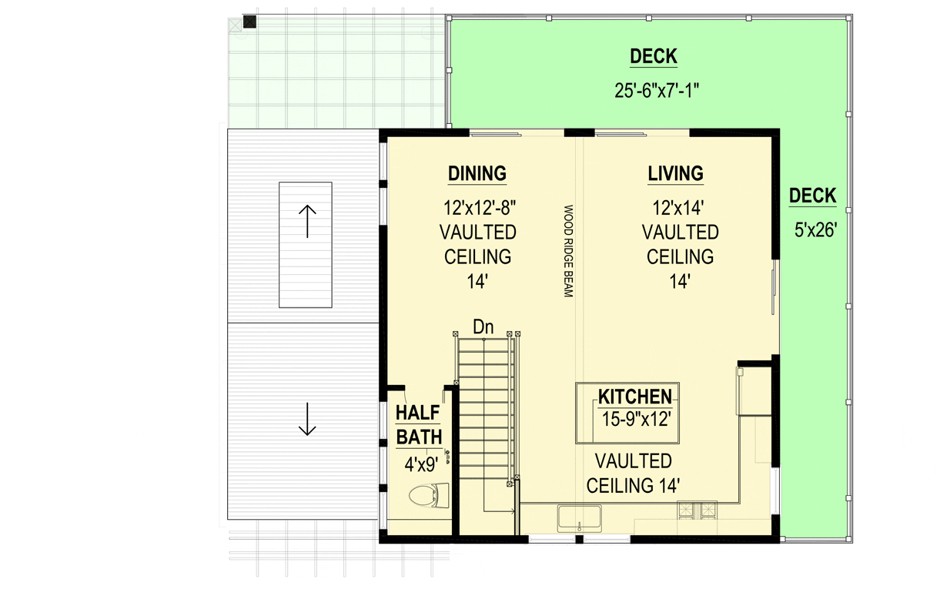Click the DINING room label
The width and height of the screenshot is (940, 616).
pyautogui.click(x=477, y=173)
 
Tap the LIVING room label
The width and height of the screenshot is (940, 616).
pyautogui.click(x=675, y=173)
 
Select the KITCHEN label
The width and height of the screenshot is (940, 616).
pyautogui.click(x=635, y=397)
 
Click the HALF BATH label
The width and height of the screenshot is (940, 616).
pyautogui.click(x=419, y=425)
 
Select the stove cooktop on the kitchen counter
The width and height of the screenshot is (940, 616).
pyautogui.click(x=697, y=509)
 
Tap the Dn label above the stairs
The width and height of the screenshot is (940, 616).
pyautogui.click(x=483, y=327)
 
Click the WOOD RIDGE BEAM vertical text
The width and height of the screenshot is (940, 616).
pyautogui.click(x=568, y=251)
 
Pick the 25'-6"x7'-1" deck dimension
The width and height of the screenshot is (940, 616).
pyautogui.click(x=656, y=91)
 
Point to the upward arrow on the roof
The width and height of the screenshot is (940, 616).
pyautogui.click(x=307, y=220)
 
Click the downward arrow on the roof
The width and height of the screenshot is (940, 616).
pyautogui.click(x=307, y=420)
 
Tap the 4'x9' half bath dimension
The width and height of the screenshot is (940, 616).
pyautogui.click(x=421, y=464)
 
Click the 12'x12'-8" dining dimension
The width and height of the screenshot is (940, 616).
pyautogui.click(x=478, y=208)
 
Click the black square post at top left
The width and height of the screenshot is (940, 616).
pyautogui.click(x=249, y=22)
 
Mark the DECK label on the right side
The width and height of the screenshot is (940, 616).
pyautogui.click(x=812, y=196)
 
